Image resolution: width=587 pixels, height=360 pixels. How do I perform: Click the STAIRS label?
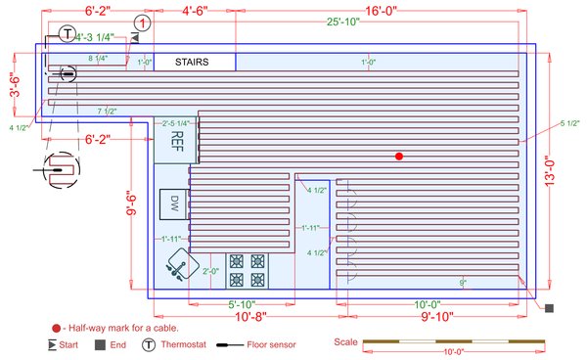(192, 62)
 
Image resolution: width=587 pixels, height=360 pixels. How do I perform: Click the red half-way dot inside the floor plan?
(398, 157)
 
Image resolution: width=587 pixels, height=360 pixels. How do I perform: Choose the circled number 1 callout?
(143, 22)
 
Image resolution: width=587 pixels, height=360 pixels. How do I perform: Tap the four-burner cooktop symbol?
(247, 268)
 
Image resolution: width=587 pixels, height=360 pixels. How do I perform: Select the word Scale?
(345, 342)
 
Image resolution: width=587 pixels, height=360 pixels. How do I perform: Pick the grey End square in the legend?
(100, 344)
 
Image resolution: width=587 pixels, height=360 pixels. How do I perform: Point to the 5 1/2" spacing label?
(570, 122)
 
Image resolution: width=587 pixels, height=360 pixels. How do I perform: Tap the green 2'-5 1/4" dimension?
(176, 122)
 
